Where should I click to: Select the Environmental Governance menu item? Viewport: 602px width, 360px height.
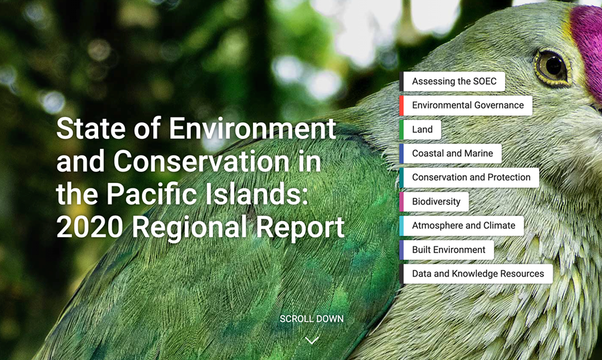coord(467,106)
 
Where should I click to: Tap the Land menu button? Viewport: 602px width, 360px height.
coord(422,130)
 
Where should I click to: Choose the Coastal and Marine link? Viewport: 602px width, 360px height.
coord(452,154)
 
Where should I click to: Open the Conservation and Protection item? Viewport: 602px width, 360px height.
coord(471,178)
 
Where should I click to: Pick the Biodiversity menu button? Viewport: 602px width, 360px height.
coord(436,202)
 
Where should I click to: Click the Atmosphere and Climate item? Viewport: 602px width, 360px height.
coord(463,226)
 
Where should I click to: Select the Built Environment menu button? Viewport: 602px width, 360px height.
coord(448,250)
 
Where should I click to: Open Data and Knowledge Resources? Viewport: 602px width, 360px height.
coord(477,274)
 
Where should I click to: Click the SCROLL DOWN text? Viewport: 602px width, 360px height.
coord(312,319)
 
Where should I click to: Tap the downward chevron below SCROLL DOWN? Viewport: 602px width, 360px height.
coord(312,340)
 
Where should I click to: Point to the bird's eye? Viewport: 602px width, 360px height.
coord(551,65)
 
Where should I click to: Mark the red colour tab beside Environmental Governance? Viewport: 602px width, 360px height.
coord(401,106)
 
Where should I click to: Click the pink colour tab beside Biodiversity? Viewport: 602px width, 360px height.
coord(401,202)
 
